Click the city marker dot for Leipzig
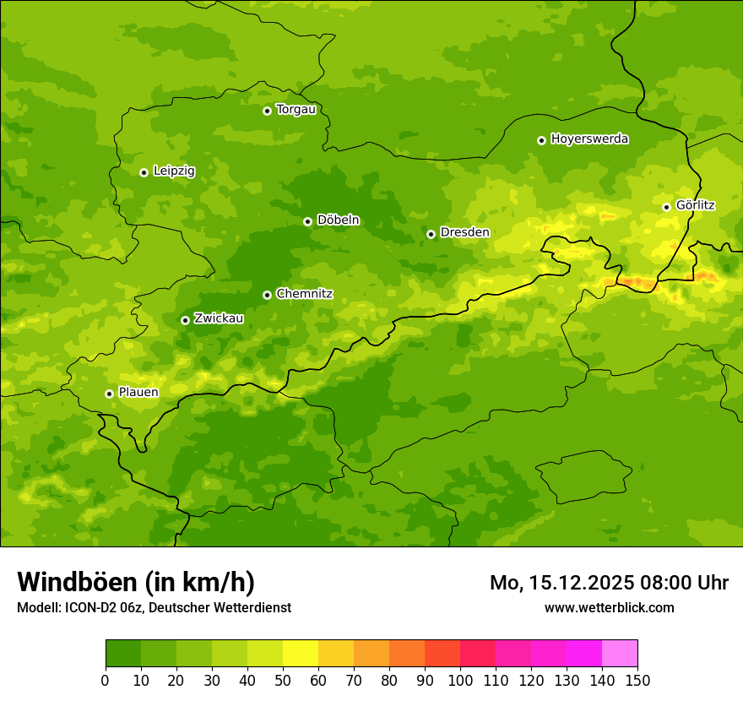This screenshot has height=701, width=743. [x=144, y=172]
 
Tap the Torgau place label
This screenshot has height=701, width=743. [x=296, y=110]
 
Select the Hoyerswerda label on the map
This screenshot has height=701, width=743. [x=589, y=139]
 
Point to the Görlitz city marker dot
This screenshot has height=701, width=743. [x=666, y=207]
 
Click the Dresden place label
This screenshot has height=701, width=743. [x=464, y=232]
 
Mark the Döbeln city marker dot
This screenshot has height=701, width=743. [x=307, y=221]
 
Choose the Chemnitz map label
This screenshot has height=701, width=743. [x=304, y=294]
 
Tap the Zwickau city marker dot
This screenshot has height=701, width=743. [x=185, y=320]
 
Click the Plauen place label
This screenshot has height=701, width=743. [x=138, y=393]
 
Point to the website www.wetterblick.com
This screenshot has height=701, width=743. [x=609, y=607]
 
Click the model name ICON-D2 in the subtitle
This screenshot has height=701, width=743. [x=90, y=607]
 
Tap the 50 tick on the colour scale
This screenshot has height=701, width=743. [x=283, y=680]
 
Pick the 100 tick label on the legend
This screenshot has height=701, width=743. [x=460, y=680]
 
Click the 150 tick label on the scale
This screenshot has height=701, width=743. [x=637, y=680]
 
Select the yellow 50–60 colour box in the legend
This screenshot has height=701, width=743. [x=301, y=654]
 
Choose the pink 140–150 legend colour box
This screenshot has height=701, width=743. [x=620, y=654]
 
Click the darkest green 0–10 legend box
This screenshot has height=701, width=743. [x=123, y=654]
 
